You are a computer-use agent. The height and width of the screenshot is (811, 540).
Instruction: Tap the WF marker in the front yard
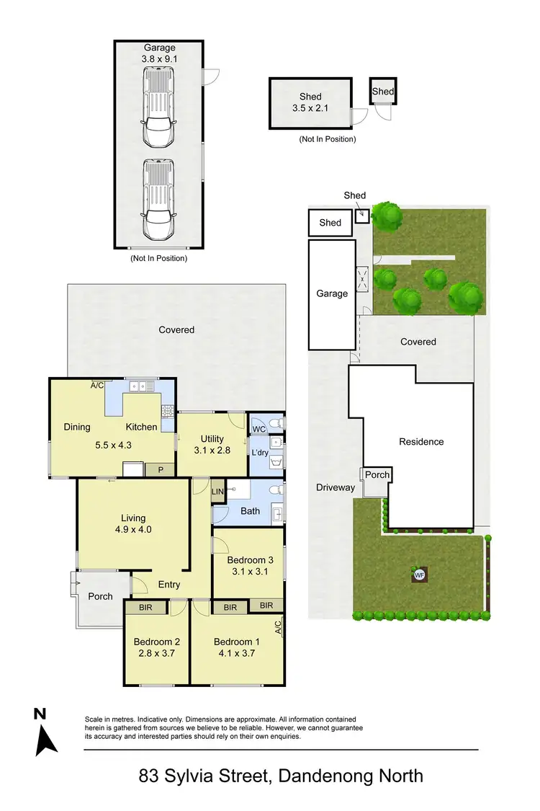coord(418,575)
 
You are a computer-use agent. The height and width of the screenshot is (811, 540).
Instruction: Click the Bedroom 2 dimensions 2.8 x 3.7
coord(156,654)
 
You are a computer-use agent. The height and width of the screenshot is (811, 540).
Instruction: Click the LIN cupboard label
coord(218,492)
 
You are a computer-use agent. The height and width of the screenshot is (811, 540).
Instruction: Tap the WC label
coord(259,429)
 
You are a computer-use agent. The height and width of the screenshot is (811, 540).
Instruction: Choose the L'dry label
coord(258,453)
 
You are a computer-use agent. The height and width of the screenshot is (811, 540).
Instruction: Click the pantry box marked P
coord(160,469)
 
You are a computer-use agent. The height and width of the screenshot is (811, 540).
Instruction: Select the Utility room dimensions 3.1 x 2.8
coord(212,451)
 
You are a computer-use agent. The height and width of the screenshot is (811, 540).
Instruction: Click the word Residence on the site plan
coord(421,442)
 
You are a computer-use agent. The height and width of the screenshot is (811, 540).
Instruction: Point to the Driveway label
coord(336,488)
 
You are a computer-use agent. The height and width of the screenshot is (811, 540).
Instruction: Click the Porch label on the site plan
coord(377,474)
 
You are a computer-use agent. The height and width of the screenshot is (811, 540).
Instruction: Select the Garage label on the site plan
coord(332,293)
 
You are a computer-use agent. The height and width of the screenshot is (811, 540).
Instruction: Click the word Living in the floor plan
coord(133,518)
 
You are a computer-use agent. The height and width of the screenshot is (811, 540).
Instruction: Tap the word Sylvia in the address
coord(203,776)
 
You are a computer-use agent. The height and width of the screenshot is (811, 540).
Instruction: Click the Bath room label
coord(251,512)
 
